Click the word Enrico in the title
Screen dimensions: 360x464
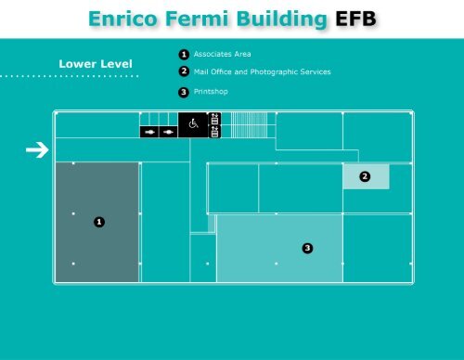[122, 19]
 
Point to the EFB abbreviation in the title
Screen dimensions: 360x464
[356, 19]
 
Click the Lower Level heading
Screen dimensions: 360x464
[96, 64]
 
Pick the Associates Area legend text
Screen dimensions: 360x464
[222, 55]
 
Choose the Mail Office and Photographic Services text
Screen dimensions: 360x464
[262, 71]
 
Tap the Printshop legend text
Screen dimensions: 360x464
[211, 92]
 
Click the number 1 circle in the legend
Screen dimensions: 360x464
[184, 55]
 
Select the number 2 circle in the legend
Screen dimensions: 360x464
[184, 71]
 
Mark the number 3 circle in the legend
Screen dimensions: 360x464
[184, 92]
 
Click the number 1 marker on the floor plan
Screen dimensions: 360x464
[98, 222]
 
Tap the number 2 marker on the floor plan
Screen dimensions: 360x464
[365, 176]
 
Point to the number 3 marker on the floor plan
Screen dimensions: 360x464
[307, 248]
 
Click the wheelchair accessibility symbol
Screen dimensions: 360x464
[194, 123]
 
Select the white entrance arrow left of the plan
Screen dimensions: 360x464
[37, 149]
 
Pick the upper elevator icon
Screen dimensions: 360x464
[214, 118]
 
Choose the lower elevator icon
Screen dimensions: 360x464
[214, 131]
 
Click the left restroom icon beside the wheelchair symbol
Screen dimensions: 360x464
[149, 132]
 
